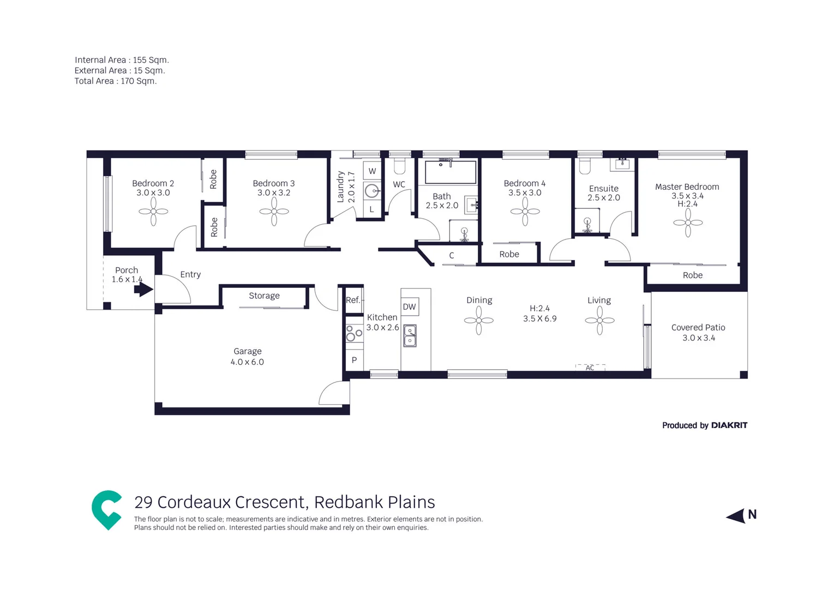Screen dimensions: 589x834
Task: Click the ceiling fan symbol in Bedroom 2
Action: tap(153, 212)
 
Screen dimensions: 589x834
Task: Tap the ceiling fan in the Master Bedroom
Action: tap(688, 223)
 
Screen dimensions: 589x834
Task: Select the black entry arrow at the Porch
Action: tap(143, 289)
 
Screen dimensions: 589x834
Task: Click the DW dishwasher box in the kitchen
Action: tap(410, 306)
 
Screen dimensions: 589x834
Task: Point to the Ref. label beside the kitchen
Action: tap(353, 300)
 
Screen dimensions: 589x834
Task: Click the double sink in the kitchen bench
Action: tap(410, 336)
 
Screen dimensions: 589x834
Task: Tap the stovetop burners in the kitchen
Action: tap(354, 333)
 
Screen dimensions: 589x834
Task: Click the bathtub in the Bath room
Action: tap(451, 172)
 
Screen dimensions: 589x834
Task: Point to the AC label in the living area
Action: tap(590, 368)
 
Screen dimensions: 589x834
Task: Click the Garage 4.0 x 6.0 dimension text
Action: tap(247, 362)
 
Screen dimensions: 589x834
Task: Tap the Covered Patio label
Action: tap(698, 327)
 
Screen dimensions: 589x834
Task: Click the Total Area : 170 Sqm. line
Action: tap(116, 81)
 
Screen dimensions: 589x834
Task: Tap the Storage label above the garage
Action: tap(264, 296)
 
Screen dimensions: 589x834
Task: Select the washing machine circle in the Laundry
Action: tap(372, 191)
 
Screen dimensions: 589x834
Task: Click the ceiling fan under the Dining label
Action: tap(479, 320)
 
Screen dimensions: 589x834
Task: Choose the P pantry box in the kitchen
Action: tap(354, 360)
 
